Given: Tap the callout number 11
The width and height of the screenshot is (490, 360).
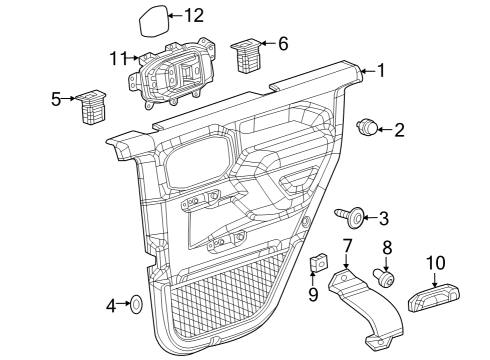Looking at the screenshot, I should pyautogui.click(x=118, y=57).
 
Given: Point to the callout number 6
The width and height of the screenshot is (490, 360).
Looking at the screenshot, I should pyautogui.click(x=283, y=43).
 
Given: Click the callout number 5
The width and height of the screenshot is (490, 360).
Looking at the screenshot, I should pyautogui.click(x=56, y=98).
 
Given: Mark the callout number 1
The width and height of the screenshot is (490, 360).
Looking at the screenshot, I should pyautogui.click(x=379, y=71).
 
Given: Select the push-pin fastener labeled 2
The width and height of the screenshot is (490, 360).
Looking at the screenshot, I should pyautogui.click(x=369, y=126).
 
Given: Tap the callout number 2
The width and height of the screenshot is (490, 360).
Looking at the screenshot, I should pyautogui.click(x=399, y=129).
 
